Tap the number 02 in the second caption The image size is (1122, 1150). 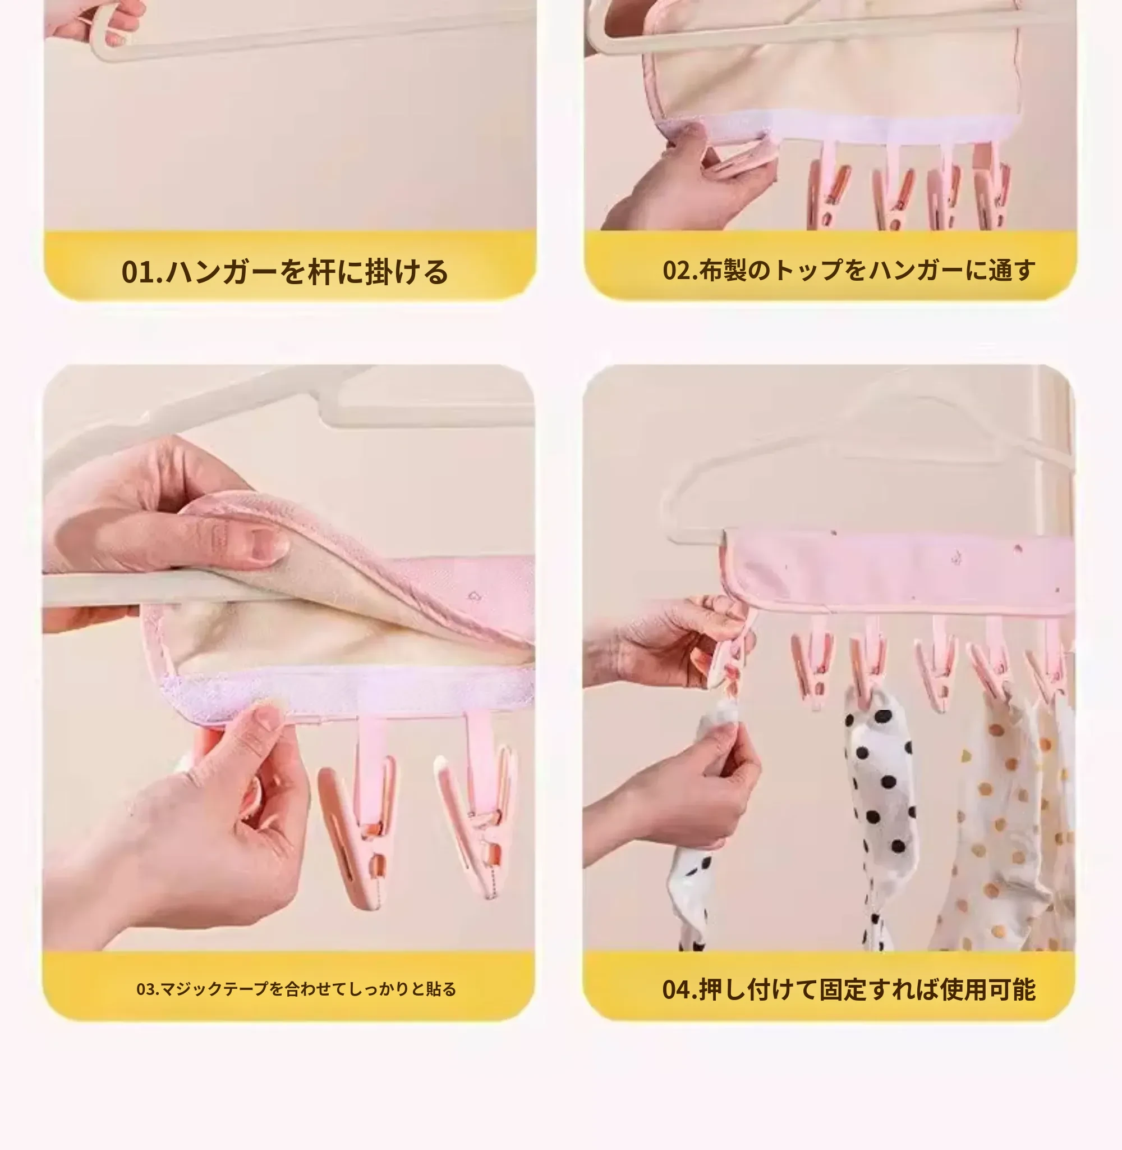[x=677, y=270]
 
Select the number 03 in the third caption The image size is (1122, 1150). [x=145, y=989]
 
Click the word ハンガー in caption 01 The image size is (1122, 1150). [x=221, y=272]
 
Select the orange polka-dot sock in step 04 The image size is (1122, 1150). [x=1002, y=825]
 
